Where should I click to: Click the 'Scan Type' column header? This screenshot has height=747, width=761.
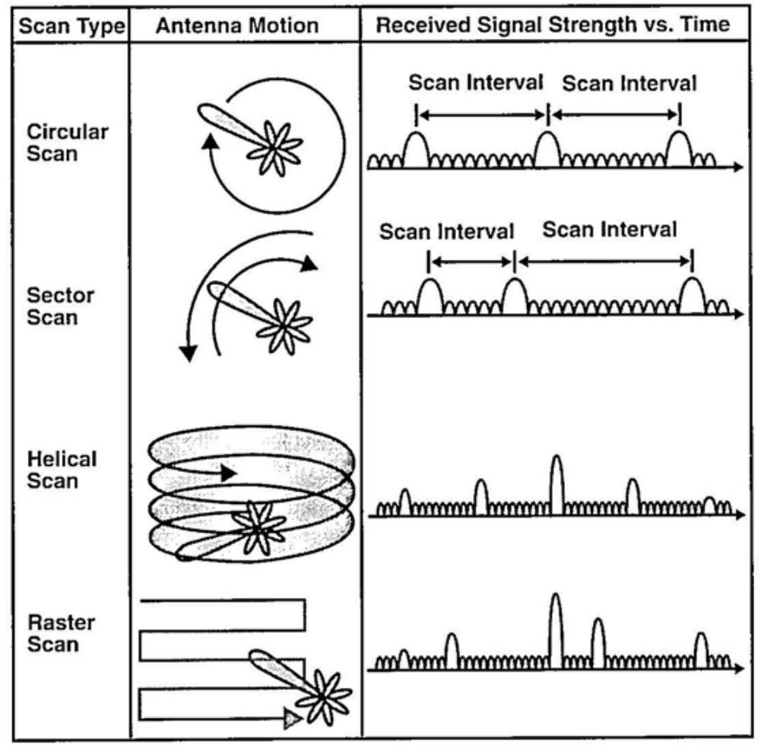pyautogui.click(x=71, y=26)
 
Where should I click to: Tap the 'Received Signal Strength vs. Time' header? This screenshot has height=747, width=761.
pyautogui.click(x=553, y=25)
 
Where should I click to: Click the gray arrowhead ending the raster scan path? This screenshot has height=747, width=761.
pyautogui.click(x=290, y=717)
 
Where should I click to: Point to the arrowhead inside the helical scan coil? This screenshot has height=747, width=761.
pyautogui.click(x=228, y=473)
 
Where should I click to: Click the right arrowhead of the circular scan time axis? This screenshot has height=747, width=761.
pyautogui.click(x=737, y=168)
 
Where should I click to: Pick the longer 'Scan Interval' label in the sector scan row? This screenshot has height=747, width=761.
pyautogui.click(x=609, y=229)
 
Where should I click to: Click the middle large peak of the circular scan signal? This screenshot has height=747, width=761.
pyautogui.click(x=547, y=147)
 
